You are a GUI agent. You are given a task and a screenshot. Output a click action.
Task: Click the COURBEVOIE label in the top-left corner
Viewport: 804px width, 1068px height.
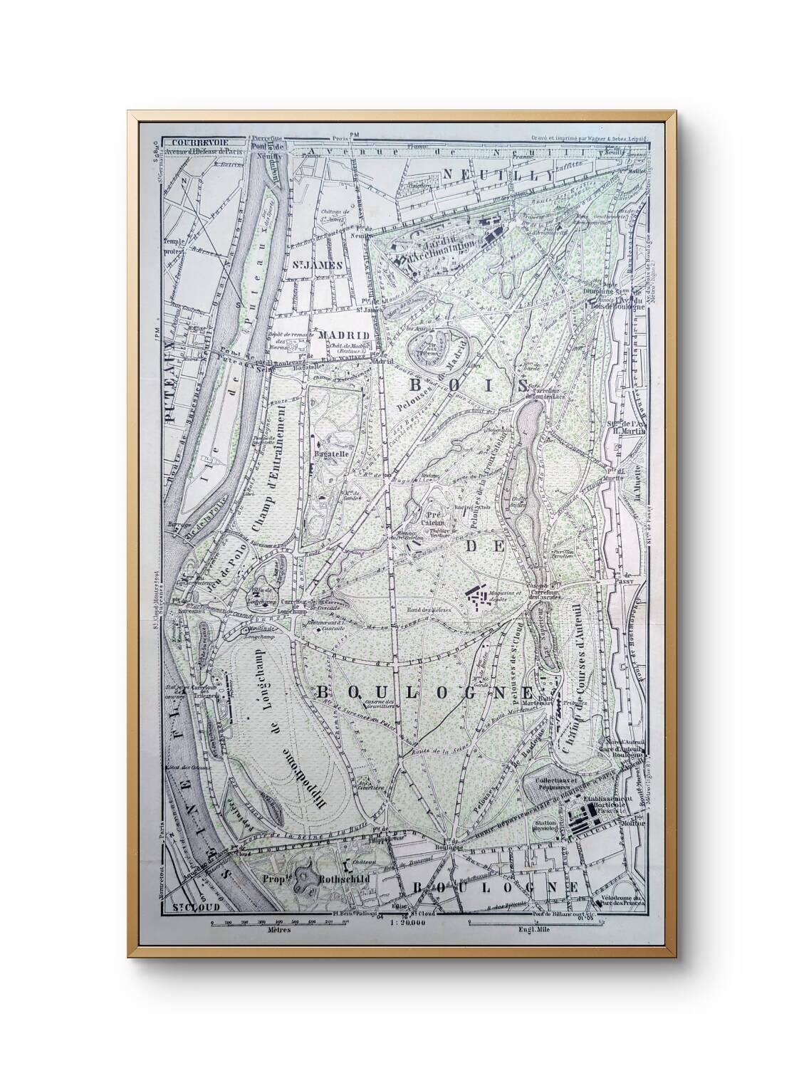tap(187, 141)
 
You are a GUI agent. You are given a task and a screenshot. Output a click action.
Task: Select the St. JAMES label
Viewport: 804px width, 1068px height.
tap(317, 265)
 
